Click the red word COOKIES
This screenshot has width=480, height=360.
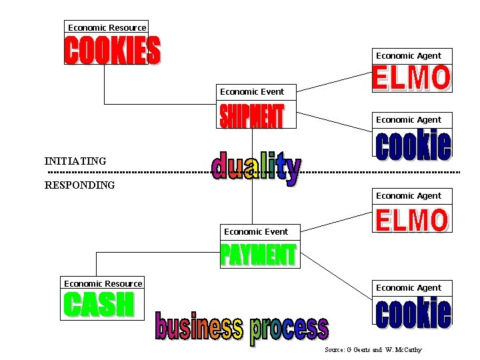coord(113,50)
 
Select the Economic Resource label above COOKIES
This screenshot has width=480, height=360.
coord(107,27)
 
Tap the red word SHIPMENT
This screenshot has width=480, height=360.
coord(252,116)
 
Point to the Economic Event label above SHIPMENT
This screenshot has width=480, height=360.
coord(252,91)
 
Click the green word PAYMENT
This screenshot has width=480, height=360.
coord(259,255)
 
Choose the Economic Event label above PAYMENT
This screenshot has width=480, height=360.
coord(256,232)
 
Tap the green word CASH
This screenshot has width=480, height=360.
coord(99,304)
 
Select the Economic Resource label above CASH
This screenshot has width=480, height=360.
coord(103,284)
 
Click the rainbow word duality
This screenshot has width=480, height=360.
coord(257,168)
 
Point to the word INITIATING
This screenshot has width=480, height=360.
coord(75,161)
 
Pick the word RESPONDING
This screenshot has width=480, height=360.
coord(79,185)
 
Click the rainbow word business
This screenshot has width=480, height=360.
coord(199,326)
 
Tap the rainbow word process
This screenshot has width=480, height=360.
coord(289,330)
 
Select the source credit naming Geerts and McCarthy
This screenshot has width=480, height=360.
coord(373,349)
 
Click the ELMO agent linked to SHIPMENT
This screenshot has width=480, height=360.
coord(412,77)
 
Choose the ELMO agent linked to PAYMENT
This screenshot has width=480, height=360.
coord(412,220)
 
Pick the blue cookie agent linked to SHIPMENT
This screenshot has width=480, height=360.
coord(413,145)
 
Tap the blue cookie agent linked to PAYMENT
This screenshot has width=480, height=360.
coord(413,313)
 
